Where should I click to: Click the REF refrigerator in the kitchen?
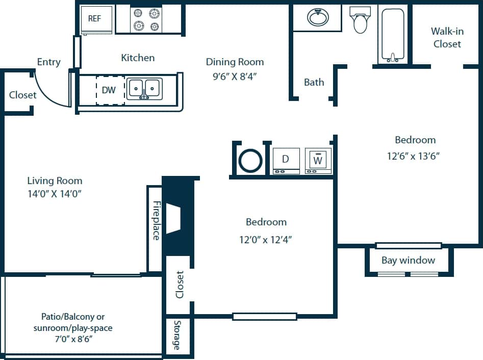(x=96, y=20)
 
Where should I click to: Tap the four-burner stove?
(x=146, y=20)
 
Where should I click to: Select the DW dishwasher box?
(x=110, y=91)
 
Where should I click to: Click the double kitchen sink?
(x=144, y=89)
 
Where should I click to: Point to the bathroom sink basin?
(x=318, y=17)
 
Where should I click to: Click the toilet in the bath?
(x=360, y=20)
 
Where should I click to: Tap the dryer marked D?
(x=286, y=161)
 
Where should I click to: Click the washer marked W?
(x=318, y=161)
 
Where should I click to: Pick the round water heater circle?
(x=250, y=161)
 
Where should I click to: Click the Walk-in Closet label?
(x=447, y=38)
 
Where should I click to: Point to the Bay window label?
(x=408, y=261)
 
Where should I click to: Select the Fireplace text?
(x=156, y=220)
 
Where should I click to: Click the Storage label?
(x=177, y=335)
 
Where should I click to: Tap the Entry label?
(x=49, y=62)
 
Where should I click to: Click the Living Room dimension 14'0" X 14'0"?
(x=55, y=194)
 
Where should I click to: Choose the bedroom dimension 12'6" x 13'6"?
(x=414, y=156)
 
